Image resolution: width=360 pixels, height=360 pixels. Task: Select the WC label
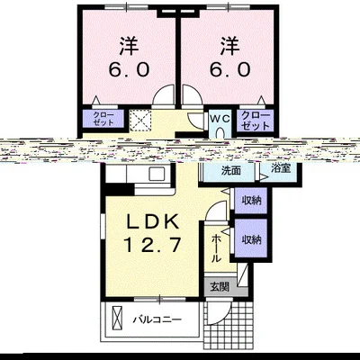tap(220, 117)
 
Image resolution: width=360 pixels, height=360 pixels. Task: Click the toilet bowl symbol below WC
tap(221, 133)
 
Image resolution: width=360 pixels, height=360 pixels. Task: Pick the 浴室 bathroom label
tap(280, 168)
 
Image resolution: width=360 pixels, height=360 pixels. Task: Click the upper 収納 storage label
tap(251, 202)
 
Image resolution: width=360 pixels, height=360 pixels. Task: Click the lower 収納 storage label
tap(251, 239)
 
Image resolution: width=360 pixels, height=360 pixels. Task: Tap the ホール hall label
tap(216, 247)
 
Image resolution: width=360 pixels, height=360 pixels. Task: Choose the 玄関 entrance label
tap(220, 287)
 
